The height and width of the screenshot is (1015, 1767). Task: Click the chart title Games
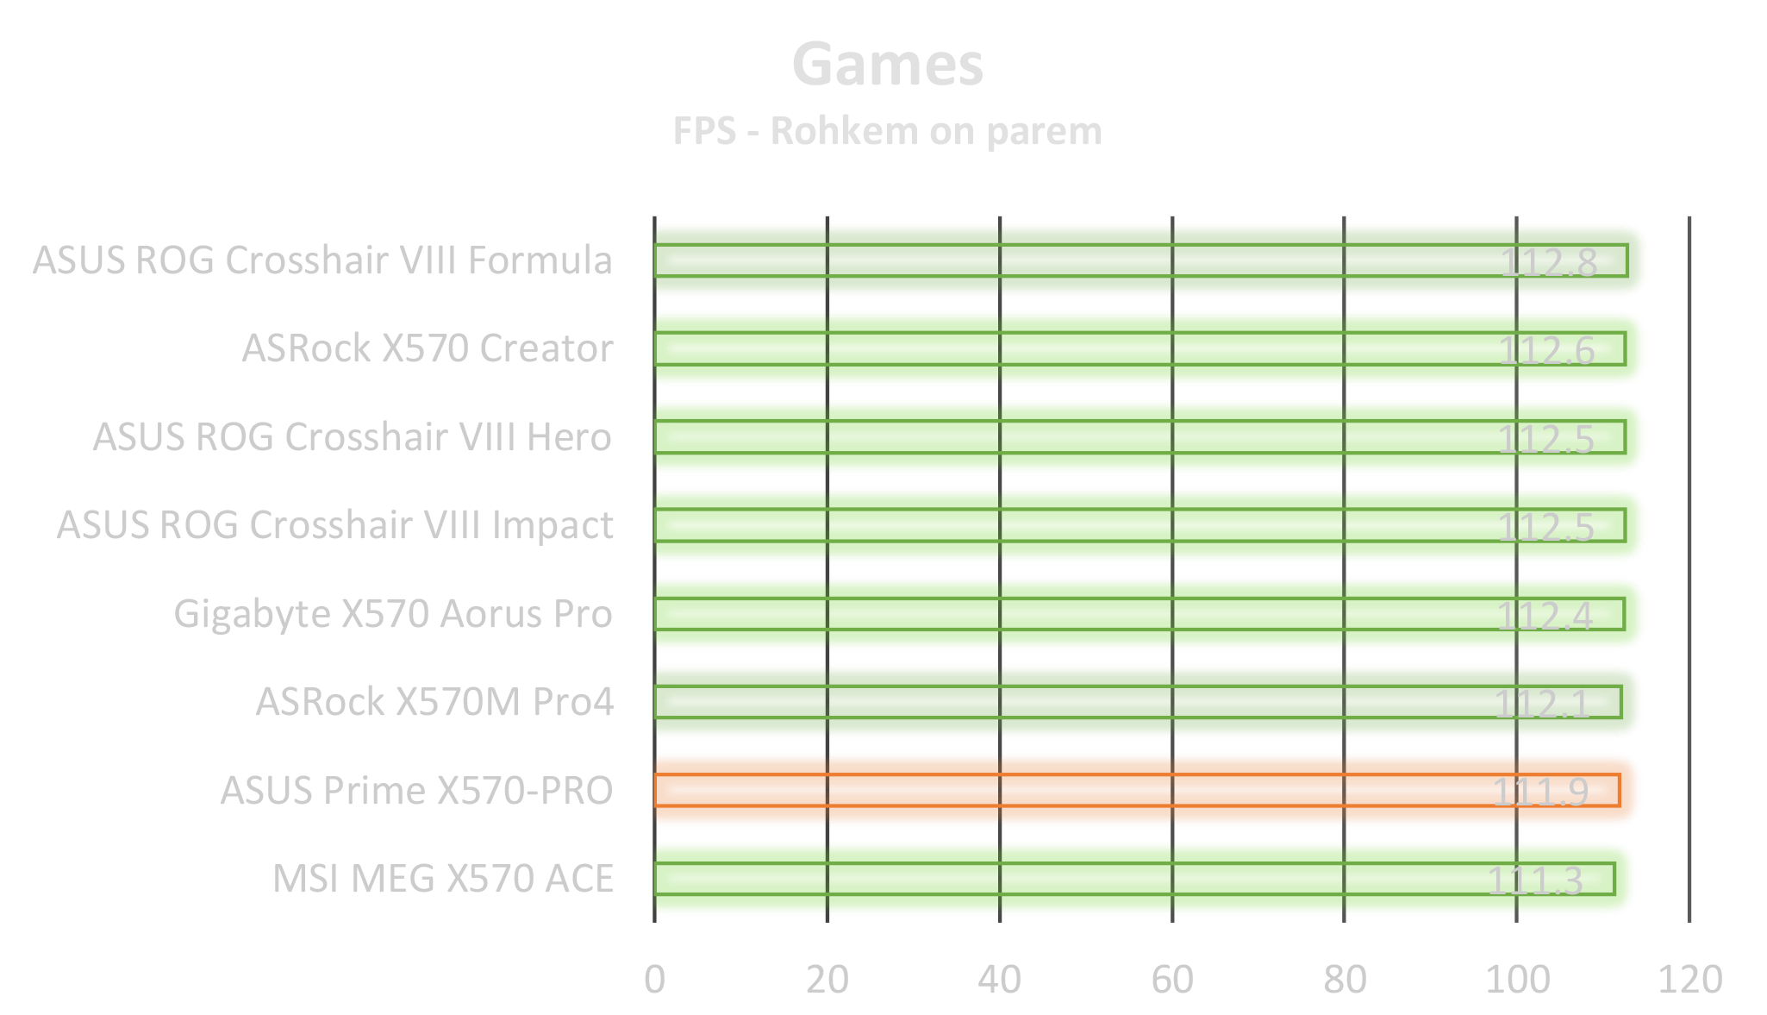(x=887, y=65)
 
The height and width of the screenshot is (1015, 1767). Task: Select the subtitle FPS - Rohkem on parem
(x=887, y=131)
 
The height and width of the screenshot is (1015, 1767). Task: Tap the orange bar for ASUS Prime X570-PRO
(x=1137, y=790)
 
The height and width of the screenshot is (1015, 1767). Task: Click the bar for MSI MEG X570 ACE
(x=1134, y=879)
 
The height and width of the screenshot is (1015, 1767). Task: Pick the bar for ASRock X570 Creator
(x=1139, y=348)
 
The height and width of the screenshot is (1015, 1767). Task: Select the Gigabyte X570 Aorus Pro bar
(x=1139, y=614)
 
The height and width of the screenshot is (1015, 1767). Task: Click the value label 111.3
(x=1536, y=880)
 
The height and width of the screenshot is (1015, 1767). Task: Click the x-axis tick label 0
(x=654, y=980)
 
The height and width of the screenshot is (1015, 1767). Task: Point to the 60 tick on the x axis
(x=1172, y=980)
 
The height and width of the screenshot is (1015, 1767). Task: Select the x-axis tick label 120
(x=1689, y=980)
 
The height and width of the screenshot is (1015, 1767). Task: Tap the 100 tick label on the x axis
(x=1517, y=980)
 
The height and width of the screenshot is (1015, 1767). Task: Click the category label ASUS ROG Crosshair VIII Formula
(x=322, y=260)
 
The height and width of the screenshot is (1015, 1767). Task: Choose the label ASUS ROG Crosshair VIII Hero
(x=353, y=436)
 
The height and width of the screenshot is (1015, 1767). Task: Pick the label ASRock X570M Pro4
(x=434, y=702)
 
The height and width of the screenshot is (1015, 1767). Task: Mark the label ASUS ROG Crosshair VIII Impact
(x=335, y=525)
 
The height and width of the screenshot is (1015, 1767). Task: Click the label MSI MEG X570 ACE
(x=443, y=879)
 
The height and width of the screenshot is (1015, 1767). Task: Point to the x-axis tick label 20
(x=827, y=980)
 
